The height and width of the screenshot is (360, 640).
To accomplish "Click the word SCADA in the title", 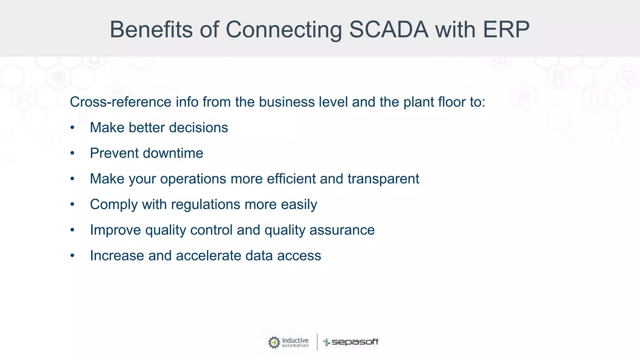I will click(388, 30).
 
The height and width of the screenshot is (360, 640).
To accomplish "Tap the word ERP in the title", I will click(506, 30).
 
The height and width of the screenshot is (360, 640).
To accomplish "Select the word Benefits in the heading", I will click(151, 30).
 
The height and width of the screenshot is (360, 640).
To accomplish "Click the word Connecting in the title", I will click(284, 30).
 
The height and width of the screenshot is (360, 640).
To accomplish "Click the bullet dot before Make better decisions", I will click(72, 128).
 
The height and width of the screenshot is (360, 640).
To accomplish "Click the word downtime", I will click(173, 153).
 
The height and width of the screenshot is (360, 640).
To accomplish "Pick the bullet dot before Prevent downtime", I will click(72, 153).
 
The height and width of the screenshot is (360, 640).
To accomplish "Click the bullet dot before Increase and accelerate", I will click(72, 256).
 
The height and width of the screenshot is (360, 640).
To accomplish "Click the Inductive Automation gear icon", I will click(274, 342).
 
